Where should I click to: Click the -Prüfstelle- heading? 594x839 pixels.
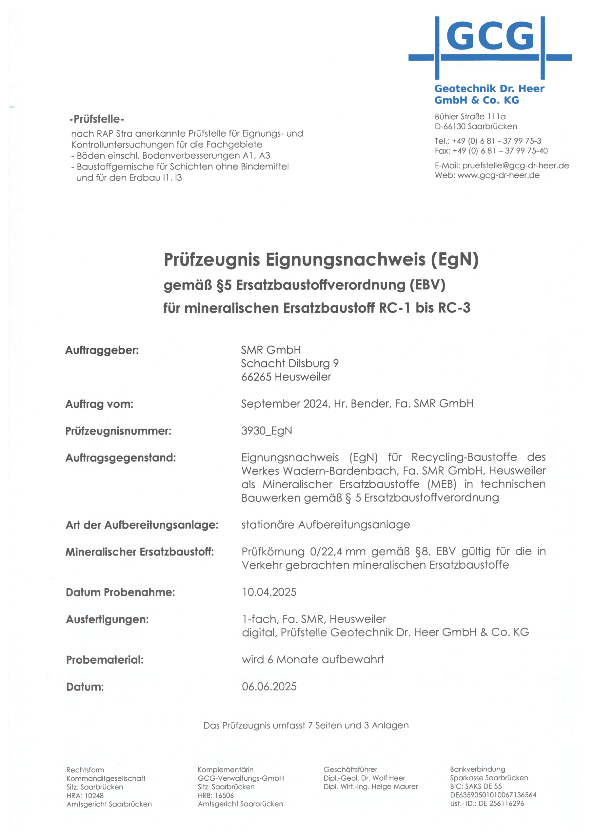point(97,119)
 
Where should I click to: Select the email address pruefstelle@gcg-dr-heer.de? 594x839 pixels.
point(515,166)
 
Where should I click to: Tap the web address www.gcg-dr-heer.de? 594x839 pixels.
point(499,175)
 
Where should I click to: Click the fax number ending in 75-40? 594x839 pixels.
point(491,151)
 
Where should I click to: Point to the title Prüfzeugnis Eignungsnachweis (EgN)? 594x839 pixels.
point(321,260)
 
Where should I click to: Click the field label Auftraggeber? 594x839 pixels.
point(102,350)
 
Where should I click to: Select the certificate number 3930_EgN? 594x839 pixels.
point(267,431)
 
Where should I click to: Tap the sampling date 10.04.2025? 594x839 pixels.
point(269,592)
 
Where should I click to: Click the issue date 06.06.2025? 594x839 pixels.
point(269,687)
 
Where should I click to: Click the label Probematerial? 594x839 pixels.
point(105,660)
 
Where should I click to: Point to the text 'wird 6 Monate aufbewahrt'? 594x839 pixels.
point(313,659)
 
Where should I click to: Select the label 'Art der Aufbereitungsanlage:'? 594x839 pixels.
point(142,525)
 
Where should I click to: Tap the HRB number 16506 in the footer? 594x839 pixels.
point(224,795)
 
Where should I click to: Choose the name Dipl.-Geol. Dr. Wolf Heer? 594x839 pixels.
point(364,778)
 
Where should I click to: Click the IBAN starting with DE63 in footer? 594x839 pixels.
point(493,795)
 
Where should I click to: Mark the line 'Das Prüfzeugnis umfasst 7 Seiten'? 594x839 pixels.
point(306,725)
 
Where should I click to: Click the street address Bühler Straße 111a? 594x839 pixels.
point(470,117)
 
